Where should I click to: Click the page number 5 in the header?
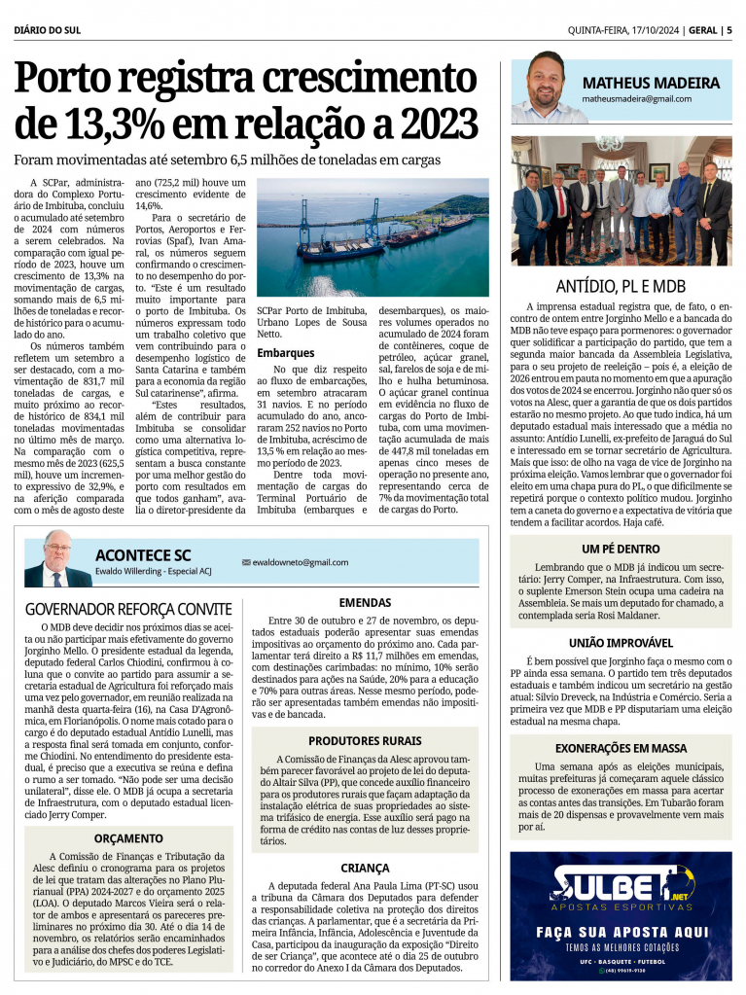728,30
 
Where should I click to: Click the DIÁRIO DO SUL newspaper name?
48,30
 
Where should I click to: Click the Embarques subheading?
286,352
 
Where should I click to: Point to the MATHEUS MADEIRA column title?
651,83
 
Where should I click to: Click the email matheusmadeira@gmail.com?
637,99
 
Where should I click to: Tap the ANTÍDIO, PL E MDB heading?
621,287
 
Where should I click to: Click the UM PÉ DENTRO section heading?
621,550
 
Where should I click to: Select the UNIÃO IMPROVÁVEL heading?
621,643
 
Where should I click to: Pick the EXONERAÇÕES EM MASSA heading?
621,748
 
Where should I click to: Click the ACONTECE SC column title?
143,554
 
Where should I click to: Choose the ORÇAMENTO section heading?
128,837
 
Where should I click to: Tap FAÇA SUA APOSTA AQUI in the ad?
621,931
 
